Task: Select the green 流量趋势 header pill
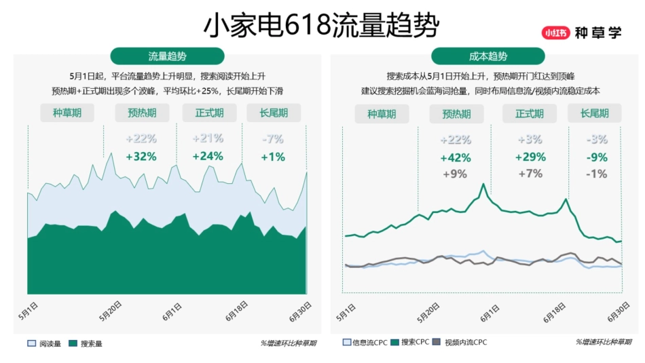[167, 56]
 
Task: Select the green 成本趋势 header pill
[487, 56]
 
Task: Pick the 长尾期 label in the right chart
[594, 114]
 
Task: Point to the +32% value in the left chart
[141, 157]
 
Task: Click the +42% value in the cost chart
[455, 157]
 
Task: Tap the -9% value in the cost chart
[597, 157]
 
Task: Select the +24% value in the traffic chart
[208, 157]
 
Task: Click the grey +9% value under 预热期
[455, 174]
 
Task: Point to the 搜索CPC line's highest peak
[483, 184]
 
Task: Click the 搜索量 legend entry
[86, 343]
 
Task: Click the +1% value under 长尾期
[272, 157]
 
